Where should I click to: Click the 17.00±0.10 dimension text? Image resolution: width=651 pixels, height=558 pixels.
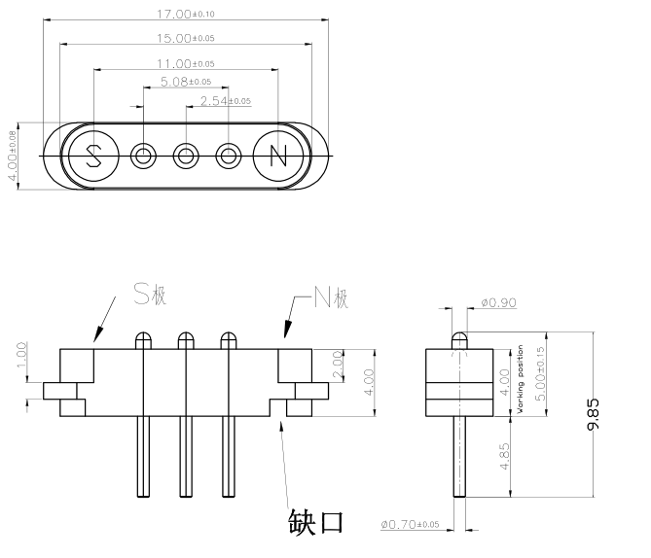186,15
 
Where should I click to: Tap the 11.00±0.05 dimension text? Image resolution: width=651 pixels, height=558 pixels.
186,63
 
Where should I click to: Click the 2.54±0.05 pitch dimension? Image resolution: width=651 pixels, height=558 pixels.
225,100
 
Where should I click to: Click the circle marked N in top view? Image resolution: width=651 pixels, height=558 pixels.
278,156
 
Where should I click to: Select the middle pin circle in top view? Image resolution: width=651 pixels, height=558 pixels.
187,156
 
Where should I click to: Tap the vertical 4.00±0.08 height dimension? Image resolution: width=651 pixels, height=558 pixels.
13,156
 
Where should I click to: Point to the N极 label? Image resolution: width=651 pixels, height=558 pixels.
331,299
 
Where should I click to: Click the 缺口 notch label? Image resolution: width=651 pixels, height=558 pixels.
316,521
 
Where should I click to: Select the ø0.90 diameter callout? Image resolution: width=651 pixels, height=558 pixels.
498,302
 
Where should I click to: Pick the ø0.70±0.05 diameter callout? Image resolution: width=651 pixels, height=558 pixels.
408,525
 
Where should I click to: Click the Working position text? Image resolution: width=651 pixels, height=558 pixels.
522,379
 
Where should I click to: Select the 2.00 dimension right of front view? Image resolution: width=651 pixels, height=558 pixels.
336,365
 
